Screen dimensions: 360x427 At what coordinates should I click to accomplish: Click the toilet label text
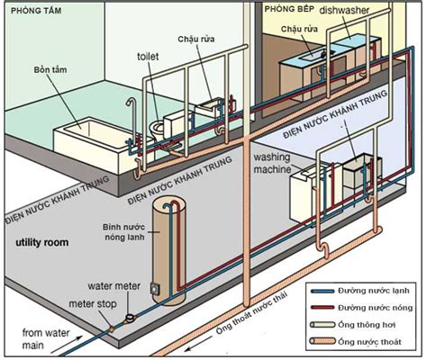coord(148,55)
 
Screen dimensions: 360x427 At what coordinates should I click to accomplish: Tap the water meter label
coord(114,286)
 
